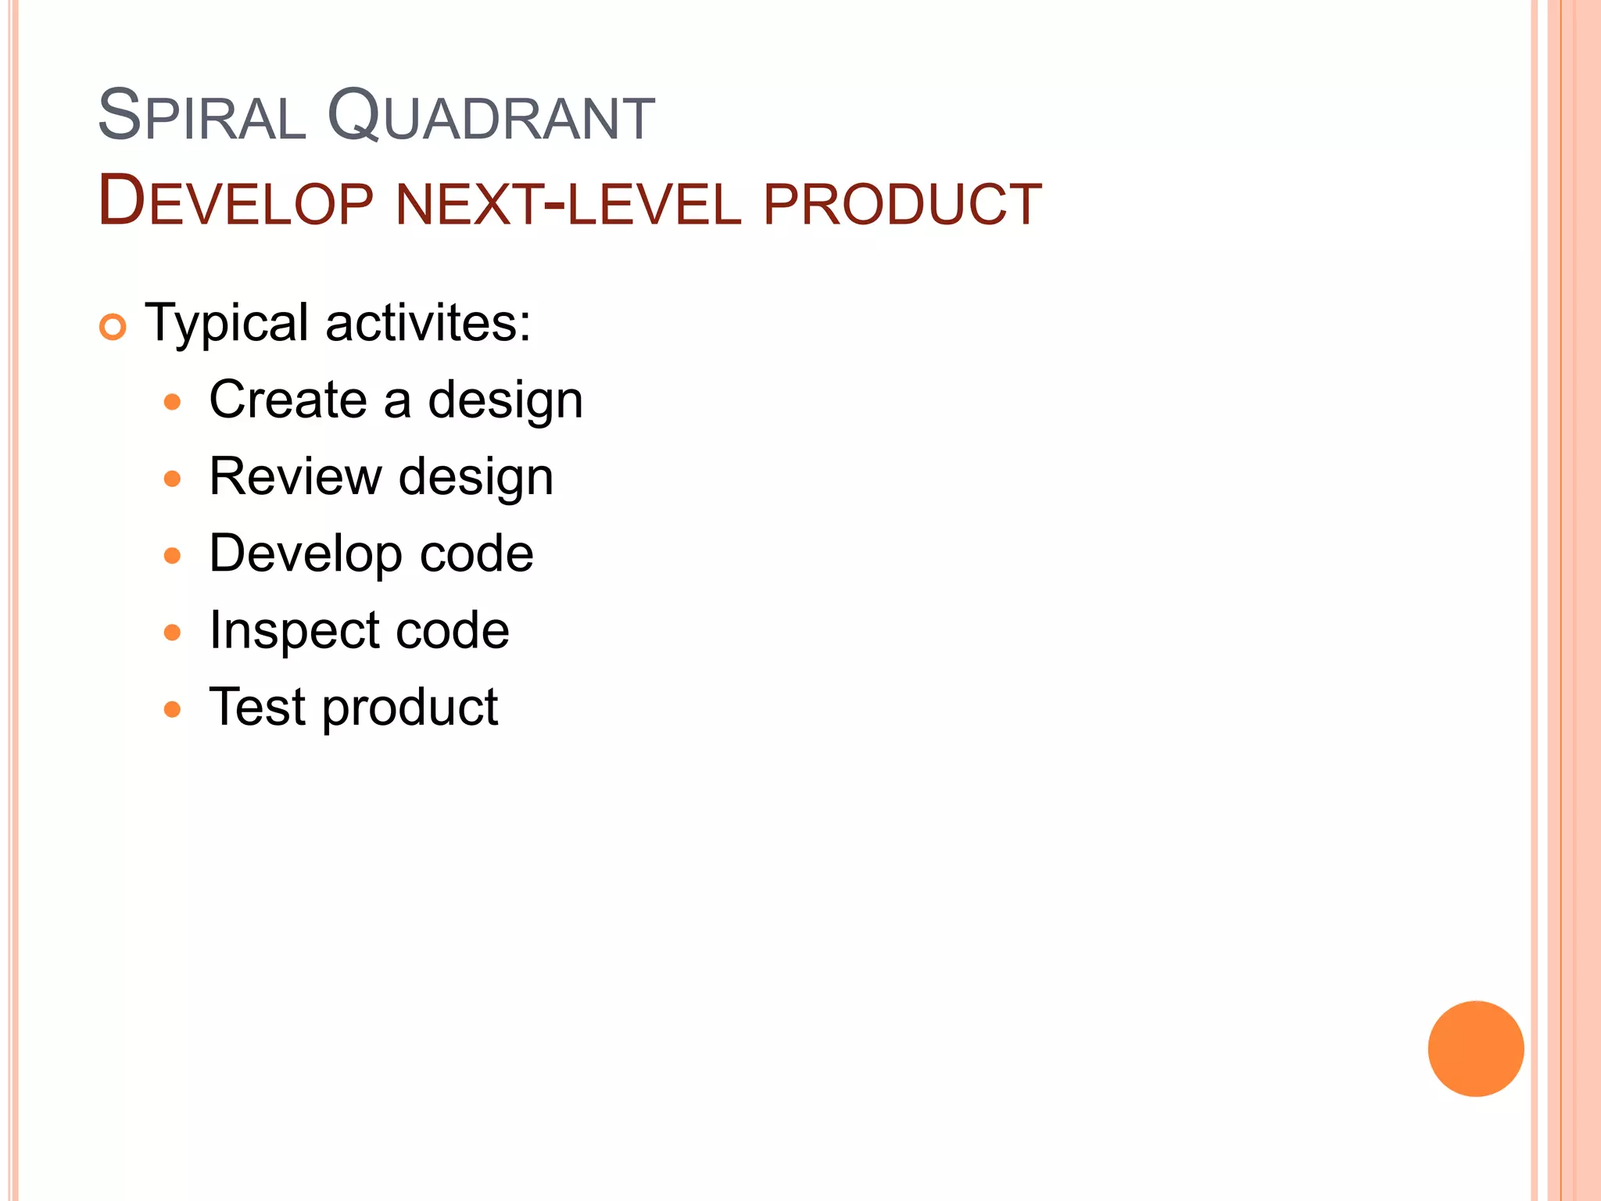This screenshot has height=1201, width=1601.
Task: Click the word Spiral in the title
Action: [201, 117]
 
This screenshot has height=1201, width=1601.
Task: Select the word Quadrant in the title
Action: [490, 117]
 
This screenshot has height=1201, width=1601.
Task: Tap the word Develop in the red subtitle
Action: [235, 203]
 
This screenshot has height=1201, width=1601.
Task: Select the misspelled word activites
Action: [428, 322]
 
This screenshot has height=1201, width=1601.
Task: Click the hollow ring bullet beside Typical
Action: [113, 327]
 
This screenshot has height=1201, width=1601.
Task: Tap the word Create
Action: [288, 400]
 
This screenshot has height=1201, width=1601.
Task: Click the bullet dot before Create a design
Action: [172, 403]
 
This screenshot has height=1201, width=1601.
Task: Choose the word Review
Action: [295, 476]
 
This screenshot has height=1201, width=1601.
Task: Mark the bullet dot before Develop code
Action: [172, 556]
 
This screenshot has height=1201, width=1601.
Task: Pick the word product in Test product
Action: [410, 709]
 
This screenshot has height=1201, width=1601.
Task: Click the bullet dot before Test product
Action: [172, 710]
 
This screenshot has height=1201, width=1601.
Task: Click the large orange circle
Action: [1475, 1049]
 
